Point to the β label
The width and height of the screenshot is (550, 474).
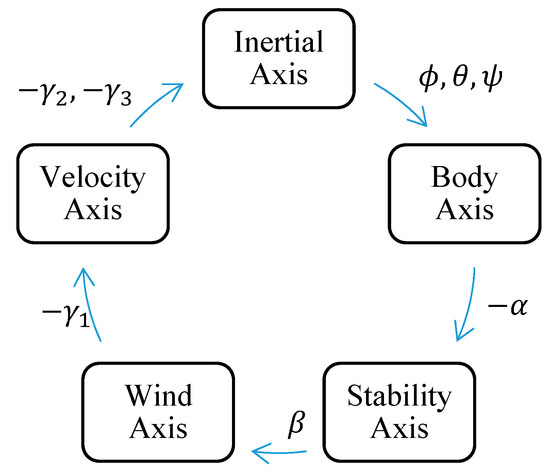tap(296, 422)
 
